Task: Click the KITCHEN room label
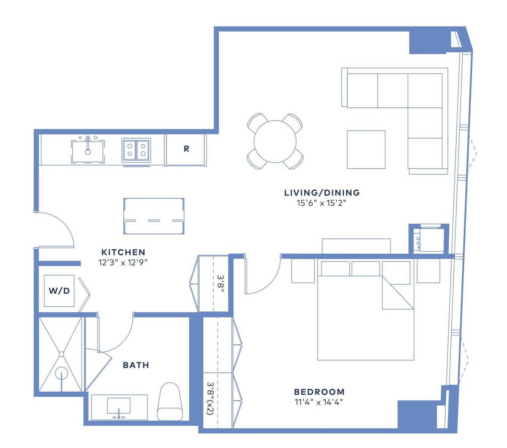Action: pos(123,252)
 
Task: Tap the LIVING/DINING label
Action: pos(322,192)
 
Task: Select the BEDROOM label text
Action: pos(319,392)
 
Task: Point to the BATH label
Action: pos(136,365)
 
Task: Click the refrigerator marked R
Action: pos(186,150)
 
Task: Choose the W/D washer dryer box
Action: pos(59,291)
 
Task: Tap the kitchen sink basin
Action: pos(88,151)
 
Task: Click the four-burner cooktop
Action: pos(136,150)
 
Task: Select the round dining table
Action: pos(275,142)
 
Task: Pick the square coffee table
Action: pos(366,150)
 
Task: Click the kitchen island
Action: pos(154,216)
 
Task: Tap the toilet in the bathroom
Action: pos(170,402)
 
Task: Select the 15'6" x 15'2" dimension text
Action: pos(321,203)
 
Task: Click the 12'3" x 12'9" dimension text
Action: pos(123,262)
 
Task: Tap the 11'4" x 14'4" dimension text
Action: pos(318,402)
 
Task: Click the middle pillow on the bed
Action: pos(365,269)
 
